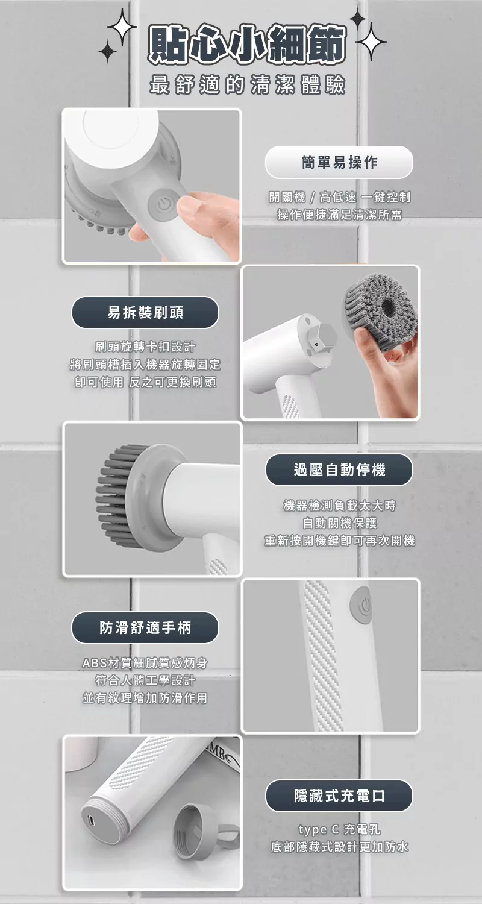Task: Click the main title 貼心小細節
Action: [247, 45]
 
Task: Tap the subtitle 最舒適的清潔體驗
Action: [247, 85]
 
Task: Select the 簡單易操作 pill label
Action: [339, 162]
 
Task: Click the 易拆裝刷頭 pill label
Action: [145, 312]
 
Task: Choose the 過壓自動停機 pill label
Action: [339, 469]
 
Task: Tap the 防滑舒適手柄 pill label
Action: [145, 627]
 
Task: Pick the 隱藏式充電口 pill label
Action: [339, 796]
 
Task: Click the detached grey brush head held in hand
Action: [380, 306]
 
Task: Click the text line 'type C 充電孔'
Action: [339, 830]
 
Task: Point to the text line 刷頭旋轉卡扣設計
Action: [145, 347]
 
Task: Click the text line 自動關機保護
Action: [339, 524]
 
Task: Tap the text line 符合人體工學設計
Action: [145, 680]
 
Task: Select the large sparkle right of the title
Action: [371, 40]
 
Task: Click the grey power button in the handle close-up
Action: [361, 604]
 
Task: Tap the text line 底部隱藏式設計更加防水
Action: [339, 847]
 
